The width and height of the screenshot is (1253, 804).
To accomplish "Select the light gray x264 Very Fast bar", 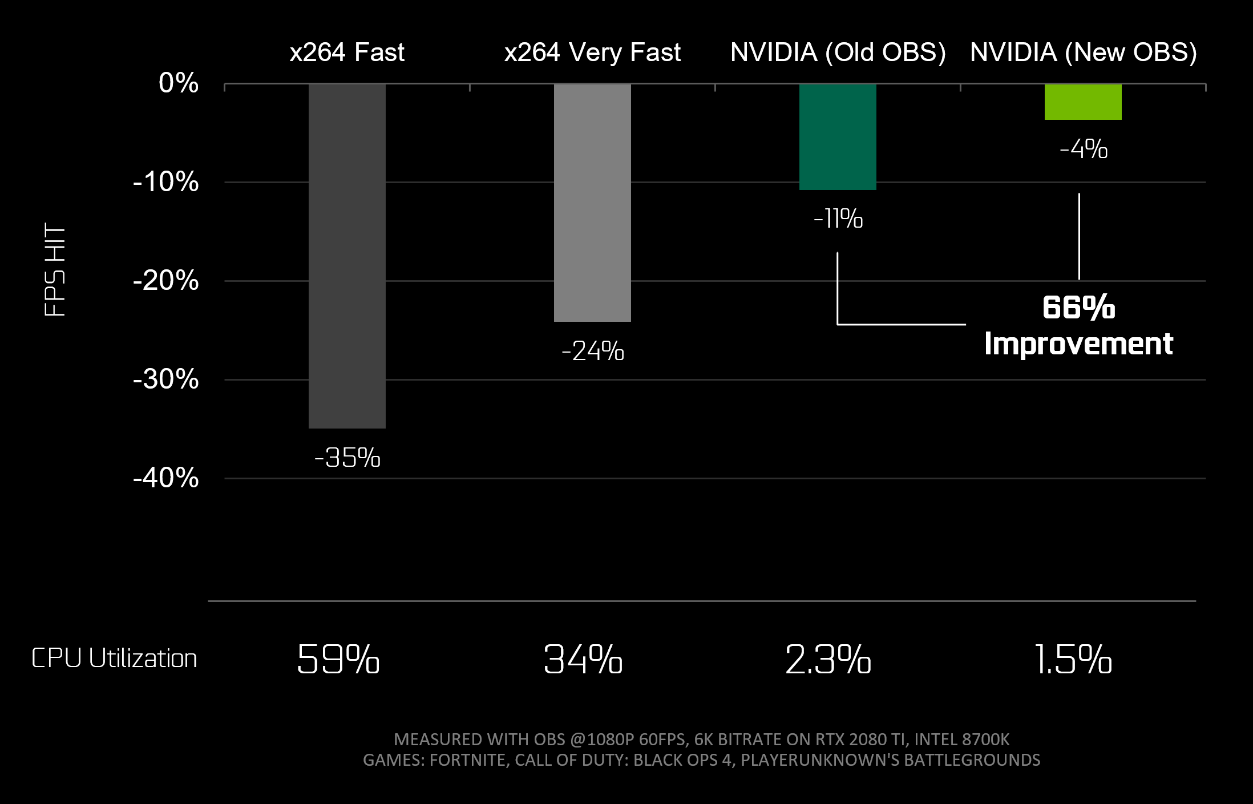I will point(592,203).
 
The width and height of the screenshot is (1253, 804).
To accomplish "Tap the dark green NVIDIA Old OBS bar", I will point(838,137).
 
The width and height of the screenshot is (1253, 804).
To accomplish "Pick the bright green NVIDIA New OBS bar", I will point(1083,102).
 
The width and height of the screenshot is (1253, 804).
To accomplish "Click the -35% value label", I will point(347,458).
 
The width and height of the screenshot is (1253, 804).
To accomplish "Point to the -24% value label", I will point(592,351).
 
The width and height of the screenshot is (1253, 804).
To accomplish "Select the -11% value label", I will point(838,219).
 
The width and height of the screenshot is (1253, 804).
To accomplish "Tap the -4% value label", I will point(1083,150).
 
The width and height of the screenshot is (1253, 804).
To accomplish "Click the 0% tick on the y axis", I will point(179,83).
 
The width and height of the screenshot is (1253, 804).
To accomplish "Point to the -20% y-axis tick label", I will point(165,281).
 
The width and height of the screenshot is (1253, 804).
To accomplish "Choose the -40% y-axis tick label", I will point(165,478).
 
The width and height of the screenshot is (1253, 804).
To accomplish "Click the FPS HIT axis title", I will point(55,269).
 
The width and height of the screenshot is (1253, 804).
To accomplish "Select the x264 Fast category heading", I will point(347,52).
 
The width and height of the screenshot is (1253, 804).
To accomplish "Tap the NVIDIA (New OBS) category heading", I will point(1083,52).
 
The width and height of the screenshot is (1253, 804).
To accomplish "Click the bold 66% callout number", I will point(1078,308).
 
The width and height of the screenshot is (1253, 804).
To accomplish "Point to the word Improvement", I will point(1078,344).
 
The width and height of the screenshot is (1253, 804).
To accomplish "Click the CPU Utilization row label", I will point(114,658).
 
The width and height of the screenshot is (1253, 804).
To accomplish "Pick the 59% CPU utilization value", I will point(338,660).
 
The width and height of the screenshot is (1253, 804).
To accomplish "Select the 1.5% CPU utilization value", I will point(1073,660).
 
